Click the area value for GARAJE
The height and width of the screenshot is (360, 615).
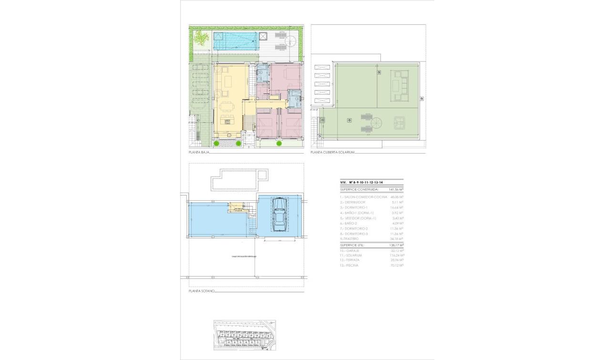point(396,250)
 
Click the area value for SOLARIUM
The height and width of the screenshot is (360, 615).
point(396,256)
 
